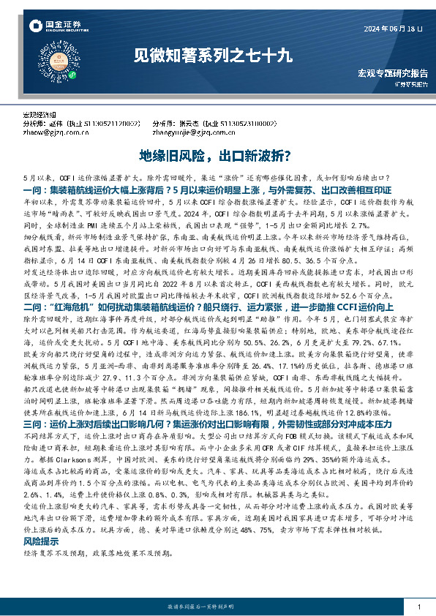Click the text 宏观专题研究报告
pos(392,74)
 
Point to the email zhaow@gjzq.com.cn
pos(55,132)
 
